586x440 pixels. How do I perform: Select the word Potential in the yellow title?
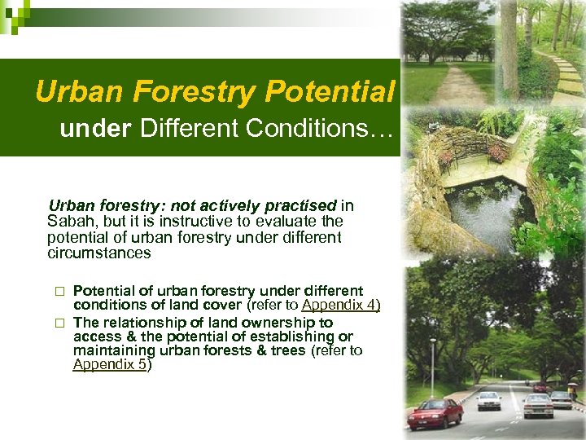tap(330, 92)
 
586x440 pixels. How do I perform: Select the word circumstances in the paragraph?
tap(98, 253)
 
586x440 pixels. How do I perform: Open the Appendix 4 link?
tap(340, 306)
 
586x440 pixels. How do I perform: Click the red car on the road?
tap(435, 413)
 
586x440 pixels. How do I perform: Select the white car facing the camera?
tap(488, 399)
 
